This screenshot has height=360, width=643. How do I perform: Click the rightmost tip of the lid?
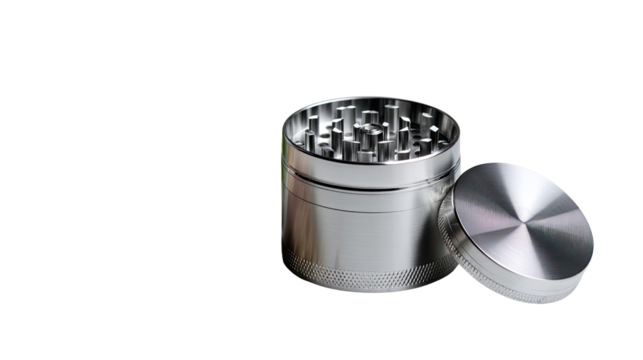595,240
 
